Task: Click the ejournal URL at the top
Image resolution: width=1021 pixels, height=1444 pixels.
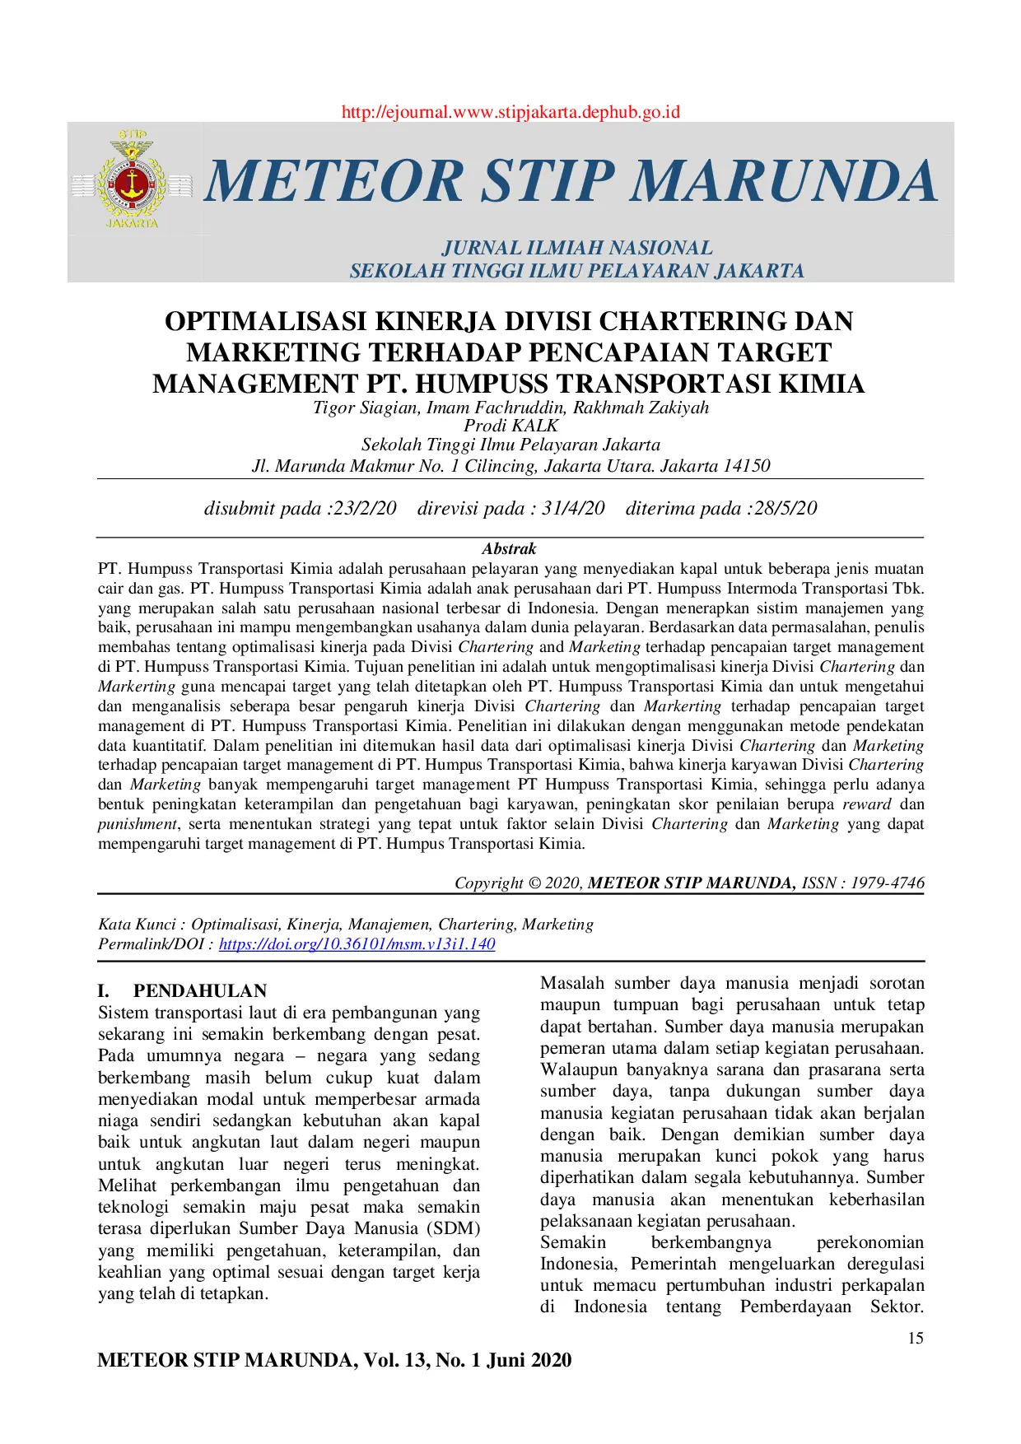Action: click(510, 112)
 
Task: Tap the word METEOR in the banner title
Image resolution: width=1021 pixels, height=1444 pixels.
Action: click(334, 181)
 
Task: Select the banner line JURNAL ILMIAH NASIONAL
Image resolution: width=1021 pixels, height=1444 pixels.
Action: click(576, 248)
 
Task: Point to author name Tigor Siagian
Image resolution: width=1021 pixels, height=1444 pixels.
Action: click(365, 408)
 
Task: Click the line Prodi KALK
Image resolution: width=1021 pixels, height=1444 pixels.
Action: click(510, 426)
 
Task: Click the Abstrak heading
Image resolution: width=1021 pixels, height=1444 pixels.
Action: click(509, 549)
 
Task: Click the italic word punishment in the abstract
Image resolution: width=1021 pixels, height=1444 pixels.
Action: click(138, 824)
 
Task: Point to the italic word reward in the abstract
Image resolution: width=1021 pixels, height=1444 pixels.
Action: click(866, 804)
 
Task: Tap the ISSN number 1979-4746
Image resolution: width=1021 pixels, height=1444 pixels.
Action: click(888, 883)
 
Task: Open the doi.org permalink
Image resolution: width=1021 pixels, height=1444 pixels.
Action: click(357, 944)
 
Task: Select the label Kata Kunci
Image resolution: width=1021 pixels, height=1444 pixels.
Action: click(137, 925)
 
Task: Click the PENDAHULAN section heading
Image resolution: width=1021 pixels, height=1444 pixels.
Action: click(200, 991)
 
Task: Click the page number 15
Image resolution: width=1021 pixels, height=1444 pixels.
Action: click(916, 1339)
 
